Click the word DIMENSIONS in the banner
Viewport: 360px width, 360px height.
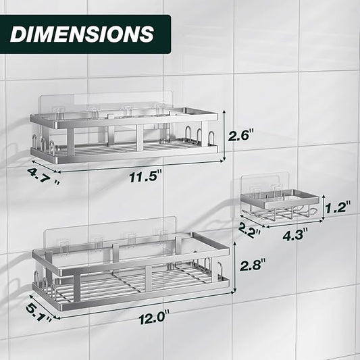click(x=82, y=34)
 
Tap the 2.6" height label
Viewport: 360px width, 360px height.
click(x=241, y=135)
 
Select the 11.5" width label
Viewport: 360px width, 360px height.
click(x=146, y=177)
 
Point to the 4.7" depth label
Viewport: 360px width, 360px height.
click(x=43, y=176)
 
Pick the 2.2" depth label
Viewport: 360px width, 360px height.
click(x=249, y=231)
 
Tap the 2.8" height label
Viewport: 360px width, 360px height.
click(x=253, y=265)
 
